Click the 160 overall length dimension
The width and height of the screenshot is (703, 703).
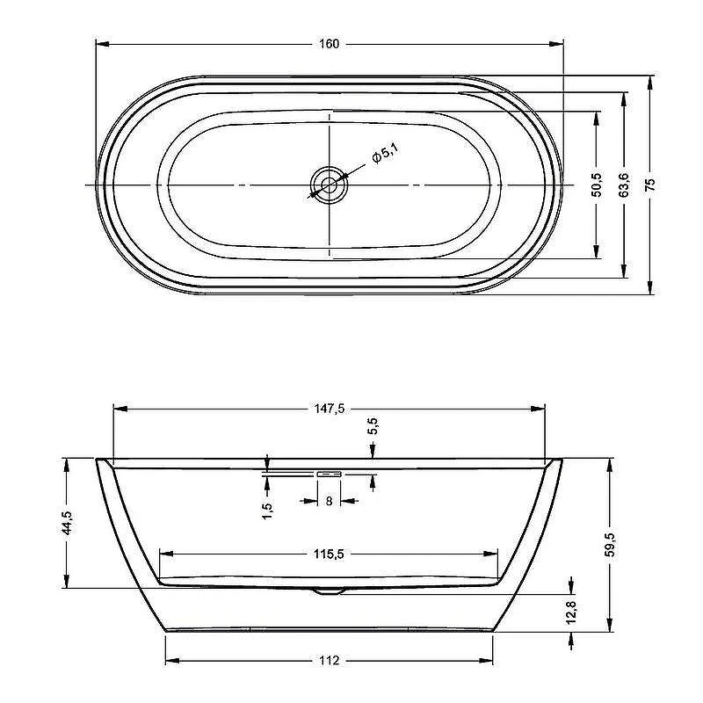point(329,44)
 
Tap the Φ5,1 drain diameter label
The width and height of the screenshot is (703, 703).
point(385,153)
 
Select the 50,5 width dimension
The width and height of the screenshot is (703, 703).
point(597,185)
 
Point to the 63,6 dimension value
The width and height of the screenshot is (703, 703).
point(624,185)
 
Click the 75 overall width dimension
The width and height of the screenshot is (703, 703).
point(650,185)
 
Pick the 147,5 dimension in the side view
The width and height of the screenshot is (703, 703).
point(329,409)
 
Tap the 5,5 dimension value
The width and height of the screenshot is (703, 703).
point(373,426)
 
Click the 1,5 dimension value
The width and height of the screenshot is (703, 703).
point(267,511)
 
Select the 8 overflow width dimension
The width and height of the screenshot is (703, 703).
point(329,501)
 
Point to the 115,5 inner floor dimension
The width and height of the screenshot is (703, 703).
point(329,554)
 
